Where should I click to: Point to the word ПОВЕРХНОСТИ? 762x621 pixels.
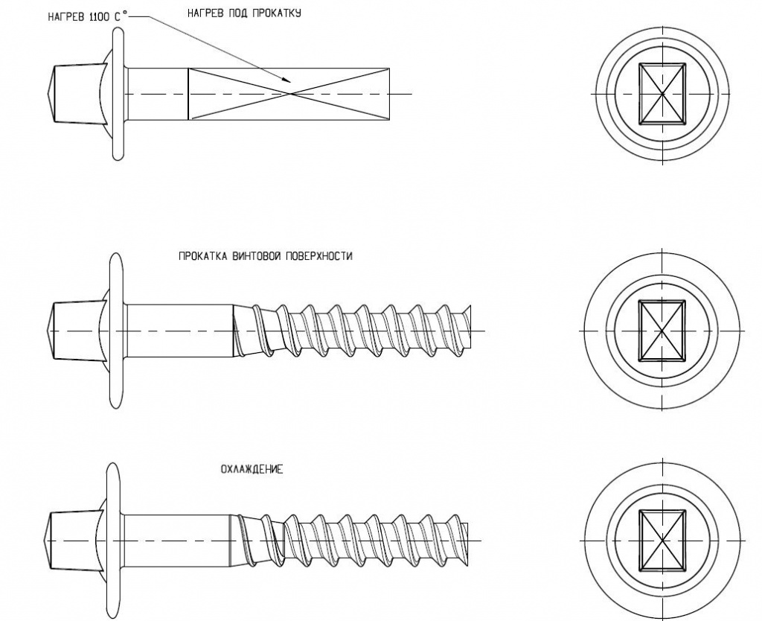tap(320, 256)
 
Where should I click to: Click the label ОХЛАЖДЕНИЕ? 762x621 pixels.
tap(252, 470)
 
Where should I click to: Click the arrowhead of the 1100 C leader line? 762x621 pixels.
tap(288, 80)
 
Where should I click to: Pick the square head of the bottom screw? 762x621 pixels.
tap(73, 540)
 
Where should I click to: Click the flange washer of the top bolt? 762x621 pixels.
tap(117, 94)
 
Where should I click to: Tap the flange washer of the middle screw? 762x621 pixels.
tap(116, 330)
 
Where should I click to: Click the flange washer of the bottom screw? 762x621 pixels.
tap(113, 540)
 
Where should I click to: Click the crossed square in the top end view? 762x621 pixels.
tap(662, 93)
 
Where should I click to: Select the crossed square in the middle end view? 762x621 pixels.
tap(662, 330)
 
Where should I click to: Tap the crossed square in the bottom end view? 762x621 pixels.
tap(662, 540)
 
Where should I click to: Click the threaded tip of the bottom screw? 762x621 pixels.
tap(463, 540)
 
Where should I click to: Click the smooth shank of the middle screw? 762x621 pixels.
tap(179, 330)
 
